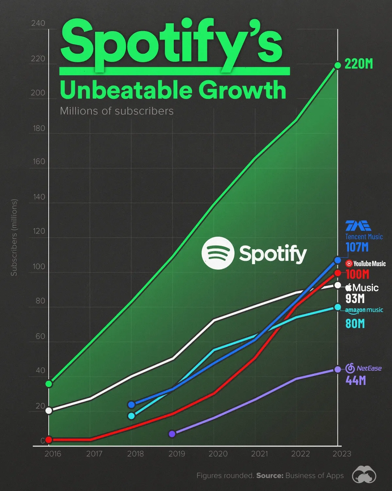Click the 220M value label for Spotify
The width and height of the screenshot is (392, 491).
358,64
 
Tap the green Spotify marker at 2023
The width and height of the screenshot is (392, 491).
338,65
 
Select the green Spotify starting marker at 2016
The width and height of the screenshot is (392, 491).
49,384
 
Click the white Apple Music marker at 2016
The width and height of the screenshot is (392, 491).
49,410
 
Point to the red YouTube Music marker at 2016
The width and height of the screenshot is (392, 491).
49,440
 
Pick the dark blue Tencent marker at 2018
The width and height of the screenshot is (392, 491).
131,405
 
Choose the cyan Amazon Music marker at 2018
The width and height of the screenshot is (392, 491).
131,416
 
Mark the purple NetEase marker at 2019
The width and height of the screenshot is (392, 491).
172,434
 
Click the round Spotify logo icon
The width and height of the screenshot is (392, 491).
218,253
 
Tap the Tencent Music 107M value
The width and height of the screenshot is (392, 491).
357,247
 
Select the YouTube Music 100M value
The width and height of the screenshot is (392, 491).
357,274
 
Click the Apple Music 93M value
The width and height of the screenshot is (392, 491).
355,299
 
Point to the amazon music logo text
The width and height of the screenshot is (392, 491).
364,310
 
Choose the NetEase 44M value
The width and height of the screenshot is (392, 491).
355,380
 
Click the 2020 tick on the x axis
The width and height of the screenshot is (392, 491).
218,454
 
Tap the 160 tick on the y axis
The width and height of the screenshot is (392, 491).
39,162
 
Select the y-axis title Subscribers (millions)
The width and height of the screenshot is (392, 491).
14,238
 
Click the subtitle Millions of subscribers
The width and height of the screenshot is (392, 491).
117,111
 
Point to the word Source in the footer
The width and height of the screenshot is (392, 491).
269,476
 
